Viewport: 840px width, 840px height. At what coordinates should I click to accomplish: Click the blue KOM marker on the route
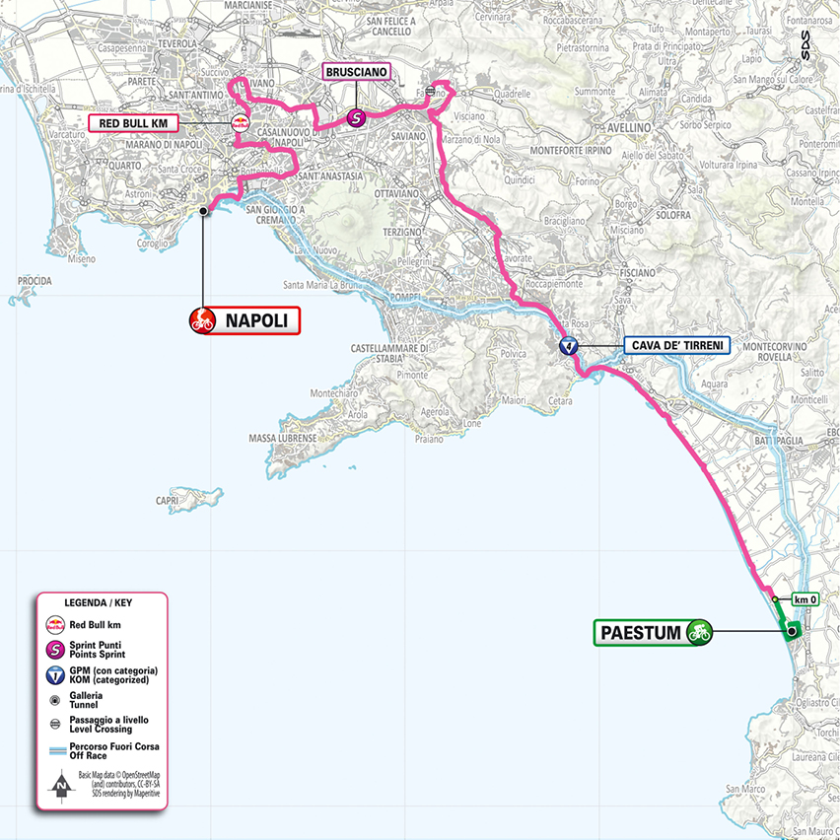[x=567, y=346]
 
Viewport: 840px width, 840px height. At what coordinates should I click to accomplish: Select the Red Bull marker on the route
[x=239, y=123]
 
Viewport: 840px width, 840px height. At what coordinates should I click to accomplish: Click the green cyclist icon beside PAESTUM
[x=701, y=631]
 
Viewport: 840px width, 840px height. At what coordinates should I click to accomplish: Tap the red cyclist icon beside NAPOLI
[x=203, y=320]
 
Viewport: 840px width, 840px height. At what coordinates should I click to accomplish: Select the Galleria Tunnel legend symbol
[x=55, y=699]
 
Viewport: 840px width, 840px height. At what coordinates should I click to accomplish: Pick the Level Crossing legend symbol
[x=55, y=726]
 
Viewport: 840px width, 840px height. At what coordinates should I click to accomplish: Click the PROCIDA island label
[x=35, y=281]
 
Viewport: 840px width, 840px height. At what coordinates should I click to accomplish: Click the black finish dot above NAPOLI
[x=203, y=210]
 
